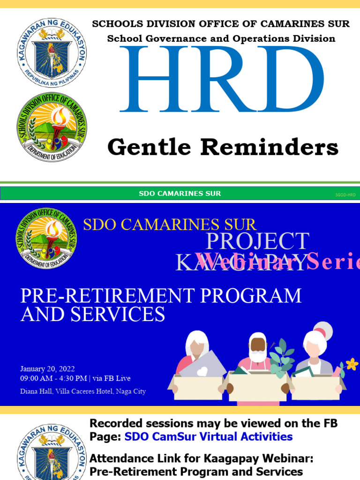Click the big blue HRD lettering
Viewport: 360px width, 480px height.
click(221, 79)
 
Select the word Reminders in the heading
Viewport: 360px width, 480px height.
click(270, 148)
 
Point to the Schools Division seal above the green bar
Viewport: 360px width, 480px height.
click(52, 127)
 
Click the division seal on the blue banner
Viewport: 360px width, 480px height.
click(46, 238)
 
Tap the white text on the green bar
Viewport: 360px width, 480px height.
click(180, 194)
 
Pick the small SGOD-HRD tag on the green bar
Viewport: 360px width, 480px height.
click(345, 194)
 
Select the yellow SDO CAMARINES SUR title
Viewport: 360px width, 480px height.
click(170, 225)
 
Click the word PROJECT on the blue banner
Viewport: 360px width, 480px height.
click(257, 241)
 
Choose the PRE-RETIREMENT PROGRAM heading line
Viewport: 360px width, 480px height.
click(161, 296)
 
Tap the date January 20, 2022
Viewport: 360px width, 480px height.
click(47, 369)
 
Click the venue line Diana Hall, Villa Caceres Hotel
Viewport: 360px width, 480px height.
click(82, 391)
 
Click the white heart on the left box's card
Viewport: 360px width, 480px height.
click(202, 371)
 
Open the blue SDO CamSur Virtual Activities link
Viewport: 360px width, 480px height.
click(209, 437)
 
